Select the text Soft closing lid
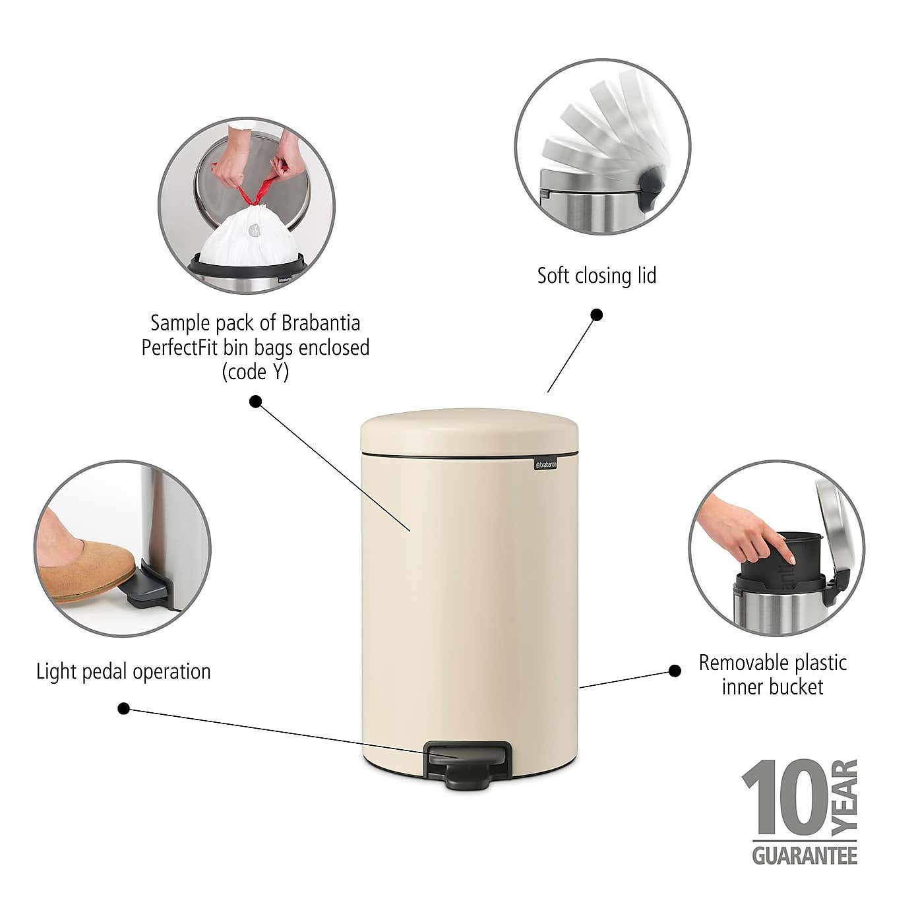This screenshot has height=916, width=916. click(x=596, y=276)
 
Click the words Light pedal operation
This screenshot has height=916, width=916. click(x=123, y=672)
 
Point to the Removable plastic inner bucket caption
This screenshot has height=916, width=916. click(x=772, y=675)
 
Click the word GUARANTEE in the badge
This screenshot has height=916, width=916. click(x=804, y=857)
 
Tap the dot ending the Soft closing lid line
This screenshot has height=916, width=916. click(x=596, y=315)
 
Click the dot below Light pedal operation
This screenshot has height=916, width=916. click(x=123, y=709)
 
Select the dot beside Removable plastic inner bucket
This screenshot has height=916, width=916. click(x=675, y=671)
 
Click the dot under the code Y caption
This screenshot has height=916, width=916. click(x=255, y=402)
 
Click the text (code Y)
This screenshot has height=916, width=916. click(x=255, y=373)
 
